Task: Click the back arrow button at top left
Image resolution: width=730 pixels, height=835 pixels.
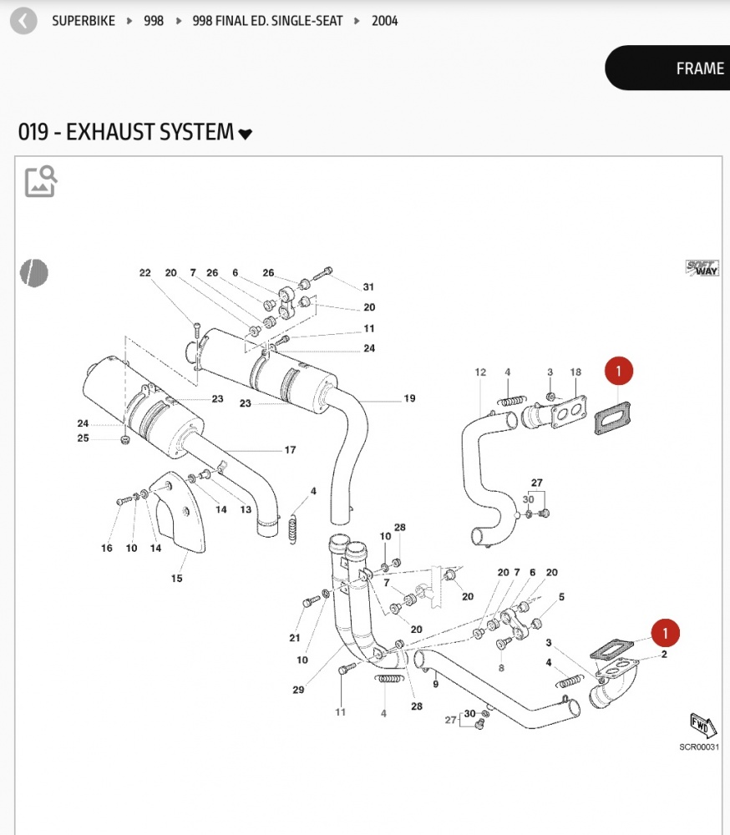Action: tap(23, 21)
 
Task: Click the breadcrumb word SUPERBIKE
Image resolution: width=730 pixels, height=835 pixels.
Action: tap(84, 21)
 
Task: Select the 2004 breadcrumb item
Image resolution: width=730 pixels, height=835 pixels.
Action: tap(385, 21)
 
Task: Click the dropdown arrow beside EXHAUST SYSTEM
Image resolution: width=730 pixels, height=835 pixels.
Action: tap(246, 134)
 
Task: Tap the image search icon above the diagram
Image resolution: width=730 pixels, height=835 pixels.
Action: tap(40, 181)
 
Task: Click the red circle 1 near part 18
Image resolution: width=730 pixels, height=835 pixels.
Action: tap(618, 371)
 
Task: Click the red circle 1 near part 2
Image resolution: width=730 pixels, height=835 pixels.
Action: tap(665, 632)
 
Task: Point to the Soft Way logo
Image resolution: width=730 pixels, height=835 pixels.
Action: tap(702, 268)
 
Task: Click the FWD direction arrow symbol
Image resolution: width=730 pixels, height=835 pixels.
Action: tap(702, 725)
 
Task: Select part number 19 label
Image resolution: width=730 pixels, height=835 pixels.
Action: tap(409, 398)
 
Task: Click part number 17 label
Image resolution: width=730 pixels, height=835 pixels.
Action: tap(290, 450)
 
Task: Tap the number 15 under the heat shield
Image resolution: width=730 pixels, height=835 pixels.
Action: tap(177, 578)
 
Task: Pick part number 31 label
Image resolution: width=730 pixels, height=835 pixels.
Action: tap(368, 287)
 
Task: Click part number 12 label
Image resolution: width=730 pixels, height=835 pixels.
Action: tap(480, 372)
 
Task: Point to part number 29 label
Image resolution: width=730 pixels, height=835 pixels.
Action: tap(298, 690)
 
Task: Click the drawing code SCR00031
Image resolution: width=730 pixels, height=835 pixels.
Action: tap(698, 747)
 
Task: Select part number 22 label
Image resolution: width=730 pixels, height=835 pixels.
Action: tap(144, 273)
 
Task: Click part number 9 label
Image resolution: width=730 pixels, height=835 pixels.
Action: tap(435, 684)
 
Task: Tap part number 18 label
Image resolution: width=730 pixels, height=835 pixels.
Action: tap(575, 372)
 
